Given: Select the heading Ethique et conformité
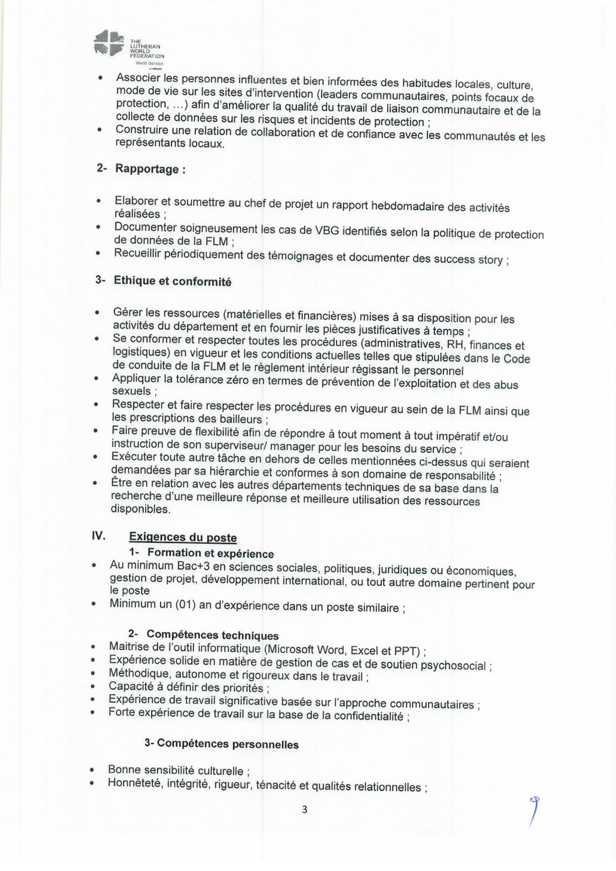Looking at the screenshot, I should pos(172,281).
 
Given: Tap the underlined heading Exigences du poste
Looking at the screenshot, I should pos(183,537).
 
